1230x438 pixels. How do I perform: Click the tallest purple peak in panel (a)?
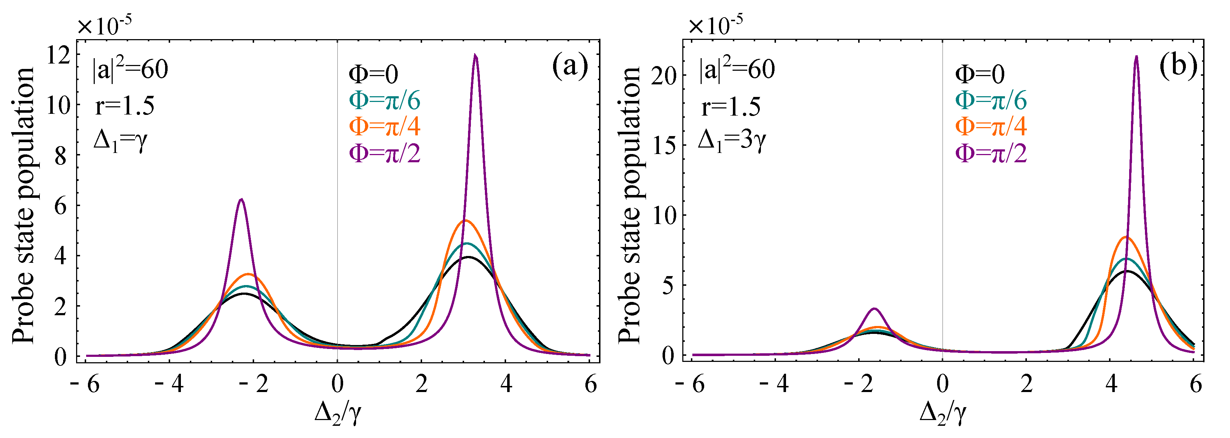475,56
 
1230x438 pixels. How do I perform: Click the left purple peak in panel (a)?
241,200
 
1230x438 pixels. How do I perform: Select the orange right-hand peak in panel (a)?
466,221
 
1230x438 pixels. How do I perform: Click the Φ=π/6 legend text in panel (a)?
384,100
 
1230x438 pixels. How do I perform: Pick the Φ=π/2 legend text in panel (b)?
991,153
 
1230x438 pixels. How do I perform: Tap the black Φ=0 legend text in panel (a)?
373,74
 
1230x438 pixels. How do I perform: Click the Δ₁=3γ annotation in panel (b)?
731,140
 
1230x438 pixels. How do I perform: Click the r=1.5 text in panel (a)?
125,106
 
